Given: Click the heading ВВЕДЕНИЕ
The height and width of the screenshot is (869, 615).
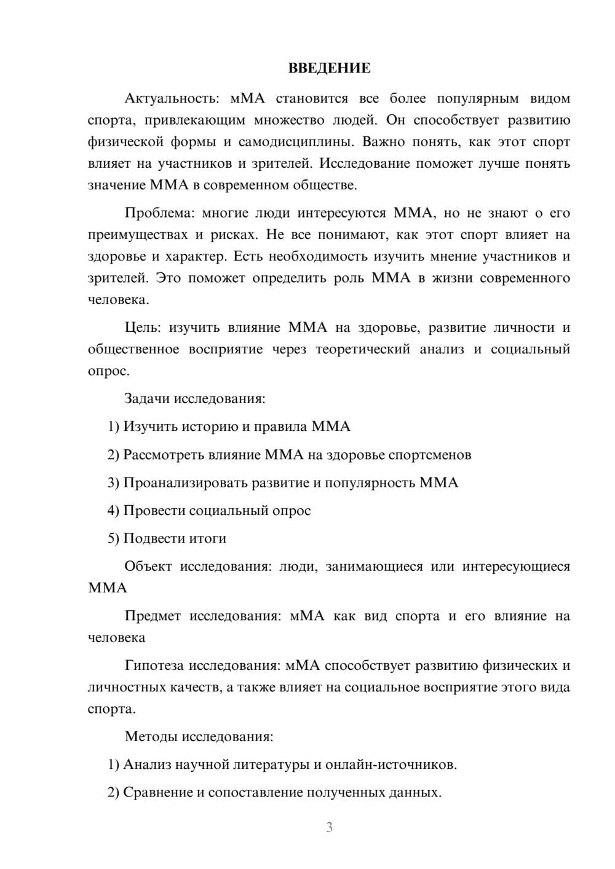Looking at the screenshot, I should click(x=329, y=68).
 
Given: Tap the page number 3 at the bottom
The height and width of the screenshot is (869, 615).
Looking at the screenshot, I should click(x=329, y=827).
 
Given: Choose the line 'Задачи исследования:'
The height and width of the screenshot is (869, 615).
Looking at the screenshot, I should click(x=195, y=398).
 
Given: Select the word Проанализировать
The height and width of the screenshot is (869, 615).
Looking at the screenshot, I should click(x=186, y=482).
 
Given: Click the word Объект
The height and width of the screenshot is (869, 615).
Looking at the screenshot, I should click(x=148, y=567).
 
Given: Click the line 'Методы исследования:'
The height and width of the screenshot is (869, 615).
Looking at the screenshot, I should click(x=199, y=736).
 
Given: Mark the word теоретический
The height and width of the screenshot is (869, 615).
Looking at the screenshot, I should click(x=363, y=350).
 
